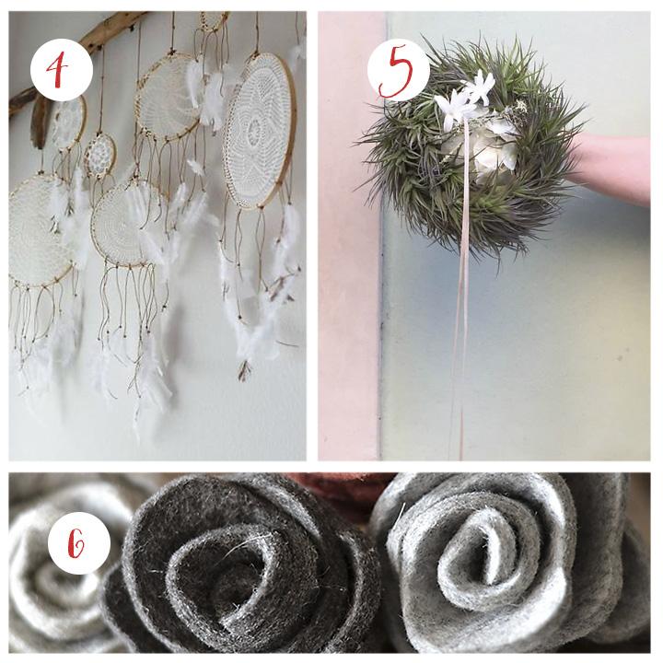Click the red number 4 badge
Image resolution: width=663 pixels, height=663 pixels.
[x=62, y=69]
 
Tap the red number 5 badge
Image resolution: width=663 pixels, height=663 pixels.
[x=399, y=70]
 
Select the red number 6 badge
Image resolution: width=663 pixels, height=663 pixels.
[x=79, y=543]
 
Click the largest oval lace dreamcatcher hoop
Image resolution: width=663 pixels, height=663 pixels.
[x=259, y=130]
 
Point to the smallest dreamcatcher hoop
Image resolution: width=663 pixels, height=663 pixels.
[x=99, y=156]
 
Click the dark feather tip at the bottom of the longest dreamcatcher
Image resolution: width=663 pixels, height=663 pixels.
[x=245, y=370]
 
